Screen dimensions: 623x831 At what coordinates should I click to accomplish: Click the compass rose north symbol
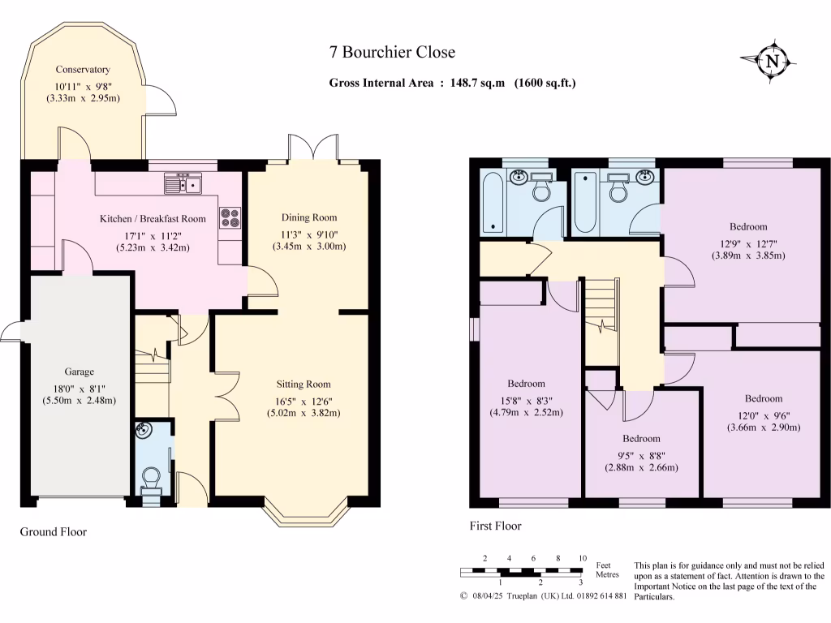[x=773, y=61]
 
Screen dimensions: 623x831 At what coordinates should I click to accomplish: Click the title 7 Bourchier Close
[x=392, y=53]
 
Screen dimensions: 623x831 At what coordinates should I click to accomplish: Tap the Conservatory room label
[x=83, y=70]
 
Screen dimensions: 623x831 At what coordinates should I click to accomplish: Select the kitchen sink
[x=183, y=185]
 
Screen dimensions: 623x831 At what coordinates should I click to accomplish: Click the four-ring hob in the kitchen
[x=230, y=217]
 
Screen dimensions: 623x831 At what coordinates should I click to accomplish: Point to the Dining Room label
[x=308, y=217]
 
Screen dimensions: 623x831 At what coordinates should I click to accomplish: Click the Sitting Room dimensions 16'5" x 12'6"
[x=304, y=398]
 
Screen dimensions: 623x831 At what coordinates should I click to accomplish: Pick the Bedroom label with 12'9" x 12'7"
[x=747, y=227]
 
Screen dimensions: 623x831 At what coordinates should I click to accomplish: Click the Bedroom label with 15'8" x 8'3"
[x=526, y=384]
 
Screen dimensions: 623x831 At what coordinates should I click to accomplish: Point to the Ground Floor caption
[x=53, y=532]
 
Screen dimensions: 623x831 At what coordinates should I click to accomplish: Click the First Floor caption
[x=495, y=526]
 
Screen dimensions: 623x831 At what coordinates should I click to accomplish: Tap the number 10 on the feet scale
[x=582, y=558]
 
